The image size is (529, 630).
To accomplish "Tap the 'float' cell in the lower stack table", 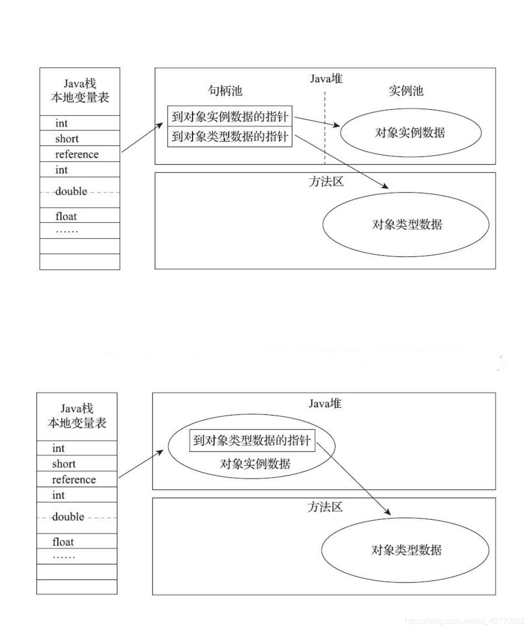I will pyautogui.click(x=76, y=542).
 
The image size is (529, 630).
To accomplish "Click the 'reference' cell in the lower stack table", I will pyautogui.click(x=76, y=480).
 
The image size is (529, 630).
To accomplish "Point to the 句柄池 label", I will pyautogui.click(x=225, y=91).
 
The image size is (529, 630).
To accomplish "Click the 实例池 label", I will pyautogui.click(x=406, y=91).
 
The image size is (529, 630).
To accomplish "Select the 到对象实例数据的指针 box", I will pyautogui.click(x=230, y=117).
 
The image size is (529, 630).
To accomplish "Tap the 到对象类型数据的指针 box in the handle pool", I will pyautogui.click(x=230, y=137).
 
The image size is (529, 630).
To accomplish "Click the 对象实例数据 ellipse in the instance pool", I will pyautogui.click(x=410, y=133).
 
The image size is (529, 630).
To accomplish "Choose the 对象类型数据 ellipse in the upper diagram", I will pyautogui.click(x=406, y=224).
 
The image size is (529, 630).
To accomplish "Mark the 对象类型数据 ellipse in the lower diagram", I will pyautogui.click(x=406, y=550).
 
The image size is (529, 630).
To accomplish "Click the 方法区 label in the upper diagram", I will pyautogui.click(x=326, y=182).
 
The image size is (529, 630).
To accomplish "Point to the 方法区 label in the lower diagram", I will pyautogui.click(x=325, y=507).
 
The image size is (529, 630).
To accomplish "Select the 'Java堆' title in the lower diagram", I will pyautogui.click(x=325, y=404).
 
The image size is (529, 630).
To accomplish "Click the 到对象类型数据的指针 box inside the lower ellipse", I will pyautogui.click(x=252, y=440).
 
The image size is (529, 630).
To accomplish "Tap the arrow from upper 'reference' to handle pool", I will pyautogui.click(x=142, y=138).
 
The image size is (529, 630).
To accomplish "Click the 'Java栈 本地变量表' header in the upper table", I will pyautogui.click(x=79, y=91).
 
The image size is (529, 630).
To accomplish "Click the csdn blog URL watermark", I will pyautogui.click(x=465, y=621).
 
